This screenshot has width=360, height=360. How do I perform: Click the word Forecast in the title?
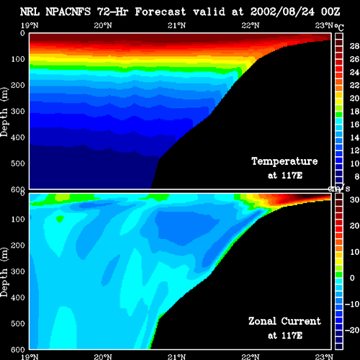point(161,12)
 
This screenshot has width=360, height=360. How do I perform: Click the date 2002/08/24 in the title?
point(282,12)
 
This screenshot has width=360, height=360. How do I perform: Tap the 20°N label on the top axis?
point(103,25)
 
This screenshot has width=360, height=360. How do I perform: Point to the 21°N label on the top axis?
point(176,25)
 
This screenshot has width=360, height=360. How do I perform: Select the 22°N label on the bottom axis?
point(251,356)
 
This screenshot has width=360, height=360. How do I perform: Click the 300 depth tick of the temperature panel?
point(18,112)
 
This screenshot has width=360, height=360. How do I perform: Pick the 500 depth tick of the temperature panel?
point(18,163)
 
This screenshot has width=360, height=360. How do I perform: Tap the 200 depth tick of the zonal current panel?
point(18,246)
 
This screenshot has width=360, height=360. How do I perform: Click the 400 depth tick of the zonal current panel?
point(18,297)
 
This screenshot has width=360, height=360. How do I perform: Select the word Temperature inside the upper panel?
point(284,161)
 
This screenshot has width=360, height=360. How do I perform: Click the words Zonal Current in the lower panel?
point(284,321)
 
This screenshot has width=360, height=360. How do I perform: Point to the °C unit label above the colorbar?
point(339,27)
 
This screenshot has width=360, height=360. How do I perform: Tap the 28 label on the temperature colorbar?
point(354,46)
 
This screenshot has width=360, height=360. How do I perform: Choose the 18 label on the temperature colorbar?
point(354,112)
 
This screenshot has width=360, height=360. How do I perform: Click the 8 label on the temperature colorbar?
point(357,176)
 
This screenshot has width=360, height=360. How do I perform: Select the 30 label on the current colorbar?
point(354,199)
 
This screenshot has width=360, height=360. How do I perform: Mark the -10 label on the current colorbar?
point(352,304)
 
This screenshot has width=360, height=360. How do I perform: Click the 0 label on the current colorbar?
point(352,278)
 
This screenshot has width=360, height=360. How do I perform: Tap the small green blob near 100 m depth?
point(60,219)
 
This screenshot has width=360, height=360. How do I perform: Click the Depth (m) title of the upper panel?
point(4,112)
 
